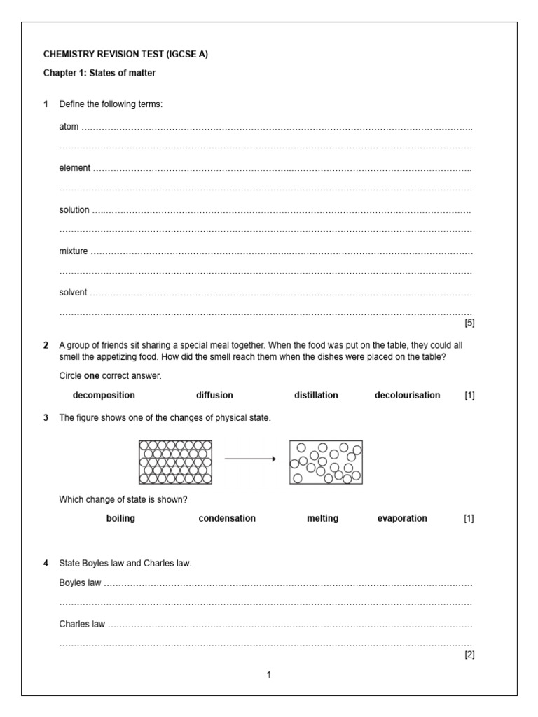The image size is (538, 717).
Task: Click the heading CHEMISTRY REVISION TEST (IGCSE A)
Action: click(x=125, y=54)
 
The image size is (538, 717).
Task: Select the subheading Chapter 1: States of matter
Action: click(x=99, y=73)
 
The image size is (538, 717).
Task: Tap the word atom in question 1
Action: click(x=69, y=127)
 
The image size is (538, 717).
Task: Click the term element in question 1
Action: click(x=74, y=168)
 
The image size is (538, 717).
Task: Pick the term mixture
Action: click(x=74, y=251)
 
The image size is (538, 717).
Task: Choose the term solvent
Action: click(x=74, y=292)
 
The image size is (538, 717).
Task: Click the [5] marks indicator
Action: click(x=469, y=323)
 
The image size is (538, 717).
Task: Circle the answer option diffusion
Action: click(x=214, y=395)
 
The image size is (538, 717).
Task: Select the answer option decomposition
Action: click(x=104, y=395)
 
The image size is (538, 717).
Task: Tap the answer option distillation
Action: click(x=316, y=395)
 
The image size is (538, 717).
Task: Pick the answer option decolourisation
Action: click(x=407, y=395)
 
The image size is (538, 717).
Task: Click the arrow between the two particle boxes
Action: click(x=250, y=459)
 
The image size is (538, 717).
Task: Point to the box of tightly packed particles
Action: click(x=175, y=462)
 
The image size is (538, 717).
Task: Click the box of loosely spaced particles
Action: click(x=326, y=462)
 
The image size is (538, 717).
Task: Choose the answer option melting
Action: click(x=322, y=518)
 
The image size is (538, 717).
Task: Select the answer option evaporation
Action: click(x=402, y=518)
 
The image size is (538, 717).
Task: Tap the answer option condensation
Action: click(x=227, y=518)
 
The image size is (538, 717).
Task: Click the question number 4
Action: click(x=46, y=562)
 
